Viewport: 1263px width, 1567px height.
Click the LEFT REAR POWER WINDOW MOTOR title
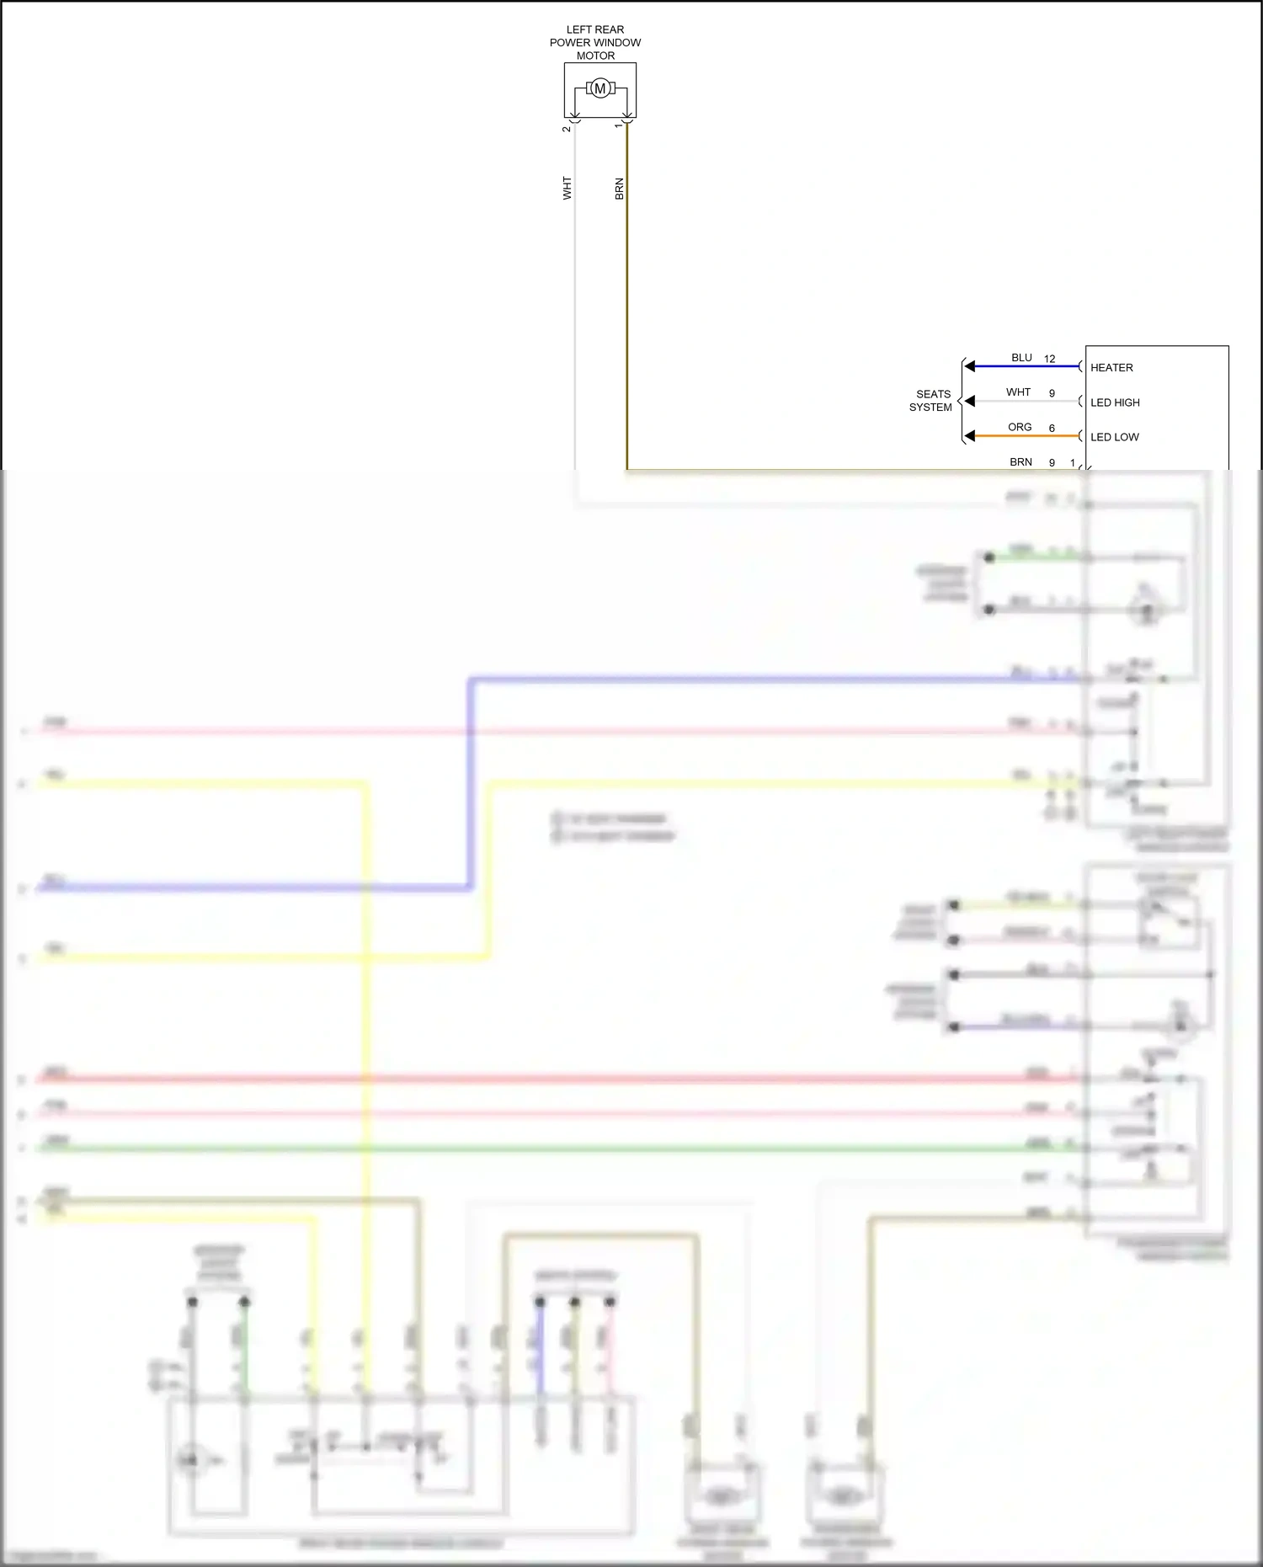595,42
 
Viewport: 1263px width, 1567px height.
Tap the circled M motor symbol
600,88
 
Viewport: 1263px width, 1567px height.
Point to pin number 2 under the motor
567,129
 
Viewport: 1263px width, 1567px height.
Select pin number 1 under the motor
619,125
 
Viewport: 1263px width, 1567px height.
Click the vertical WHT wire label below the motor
568,188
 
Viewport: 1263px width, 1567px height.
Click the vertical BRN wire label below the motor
620,189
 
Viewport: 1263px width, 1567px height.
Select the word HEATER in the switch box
1111,368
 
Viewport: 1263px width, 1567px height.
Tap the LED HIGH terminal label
1115,402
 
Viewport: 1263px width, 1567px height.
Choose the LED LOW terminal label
1114,437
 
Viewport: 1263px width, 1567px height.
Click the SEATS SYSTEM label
931,401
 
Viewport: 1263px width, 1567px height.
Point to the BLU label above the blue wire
1021,358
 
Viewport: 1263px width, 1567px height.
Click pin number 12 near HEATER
1049,359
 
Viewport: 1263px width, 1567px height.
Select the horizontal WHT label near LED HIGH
1018,392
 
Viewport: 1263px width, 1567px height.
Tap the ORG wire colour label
1020,427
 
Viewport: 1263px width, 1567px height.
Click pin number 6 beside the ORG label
1052,428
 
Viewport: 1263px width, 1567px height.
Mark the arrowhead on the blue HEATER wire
970,366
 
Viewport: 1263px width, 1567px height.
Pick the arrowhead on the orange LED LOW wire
970,435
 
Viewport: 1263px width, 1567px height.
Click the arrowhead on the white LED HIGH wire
970,401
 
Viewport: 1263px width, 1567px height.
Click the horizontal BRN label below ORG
1021,461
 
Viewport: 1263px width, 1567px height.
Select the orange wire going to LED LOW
1027,436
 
